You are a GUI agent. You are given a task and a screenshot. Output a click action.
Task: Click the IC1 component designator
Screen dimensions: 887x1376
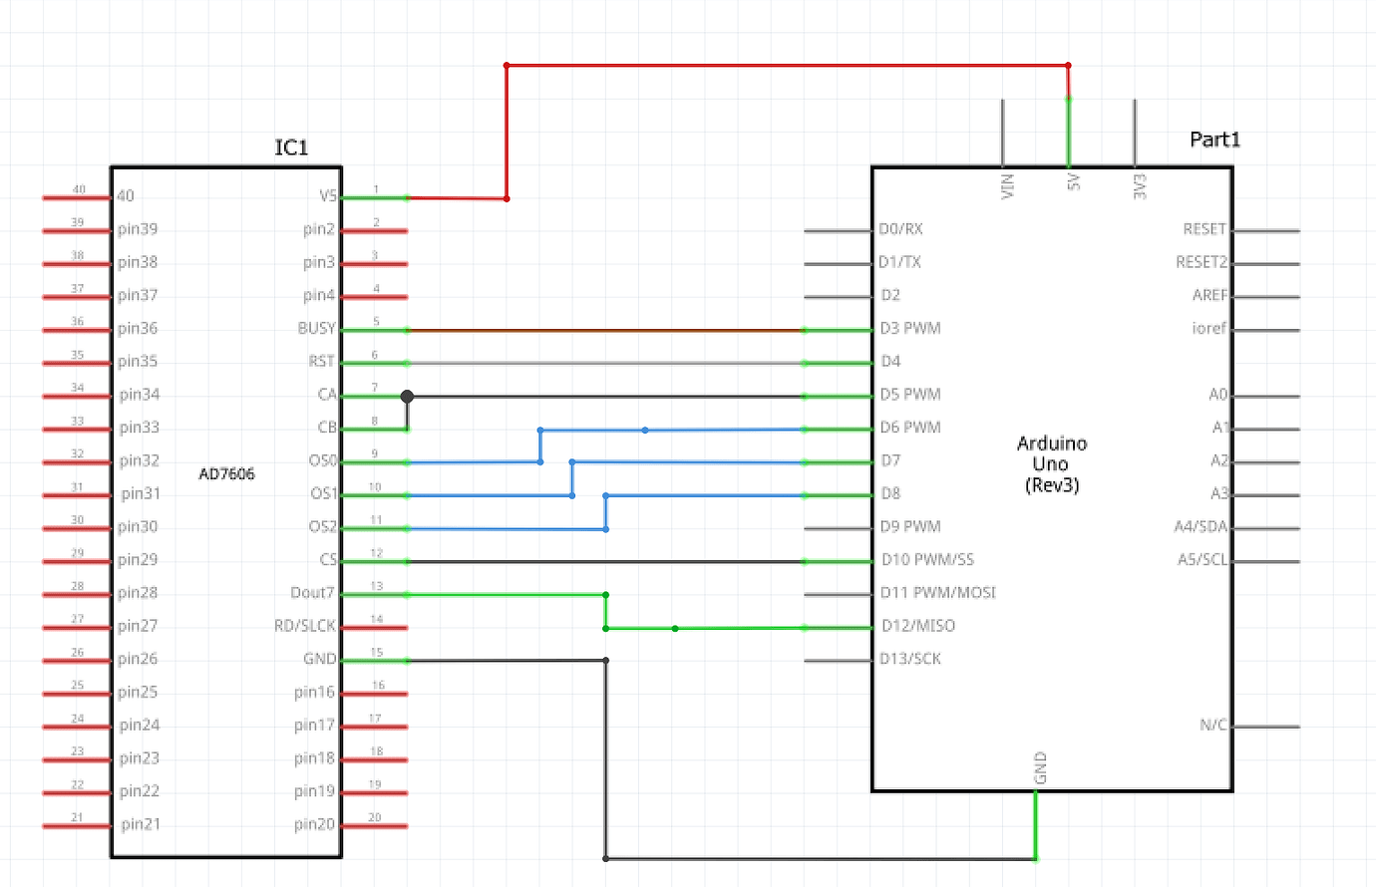291,148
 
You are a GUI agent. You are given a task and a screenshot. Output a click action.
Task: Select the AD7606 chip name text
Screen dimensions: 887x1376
226,474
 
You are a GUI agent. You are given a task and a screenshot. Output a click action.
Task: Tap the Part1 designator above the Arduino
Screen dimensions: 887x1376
1214,140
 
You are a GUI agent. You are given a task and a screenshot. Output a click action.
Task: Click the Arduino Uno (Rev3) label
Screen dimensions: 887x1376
1052,464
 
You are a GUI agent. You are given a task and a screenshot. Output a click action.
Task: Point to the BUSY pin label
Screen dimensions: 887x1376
316,328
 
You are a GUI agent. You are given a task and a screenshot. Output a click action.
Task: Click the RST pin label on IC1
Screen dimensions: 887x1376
321,361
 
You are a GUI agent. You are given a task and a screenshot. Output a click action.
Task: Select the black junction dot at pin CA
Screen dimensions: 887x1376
407,397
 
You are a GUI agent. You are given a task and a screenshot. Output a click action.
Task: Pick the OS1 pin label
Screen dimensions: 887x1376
323,493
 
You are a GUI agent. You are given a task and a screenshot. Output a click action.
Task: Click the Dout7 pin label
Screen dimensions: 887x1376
312,592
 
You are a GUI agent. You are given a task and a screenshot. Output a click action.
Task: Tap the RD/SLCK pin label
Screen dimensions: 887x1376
305,626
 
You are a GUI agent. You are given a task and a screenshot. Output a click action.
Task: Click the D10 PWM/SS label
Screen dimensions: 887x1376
927,559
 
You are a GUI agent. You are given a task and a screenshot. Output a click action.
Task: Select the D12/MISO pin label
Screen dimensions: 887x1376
917,626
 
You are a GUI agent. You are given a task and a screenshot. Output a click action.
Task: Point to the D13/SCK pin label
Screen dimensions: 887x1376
910,659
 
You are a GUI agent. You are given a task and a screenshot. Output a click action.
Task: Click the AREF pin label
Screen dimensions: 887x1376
1209,295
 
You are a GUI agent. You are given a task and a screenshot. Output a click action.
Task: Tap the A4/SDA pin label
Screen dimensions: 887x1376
1201,526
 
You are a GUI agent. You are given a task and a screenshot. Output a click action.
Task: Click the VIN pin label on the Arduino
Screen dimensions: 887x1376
1007,185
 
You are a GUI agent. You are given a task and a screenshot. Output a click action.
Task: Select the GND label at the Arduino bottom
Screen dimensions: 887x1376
1040,768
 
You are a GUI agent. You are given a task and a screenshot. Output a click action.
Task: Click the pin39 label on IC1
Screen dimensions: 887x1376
138,229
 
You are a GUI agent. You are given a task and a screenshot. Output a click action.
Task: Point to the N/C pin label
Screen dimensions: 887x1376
1213,725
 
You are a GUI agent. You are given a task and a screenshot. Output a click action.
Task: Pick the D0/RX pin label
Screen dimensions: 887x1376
900,229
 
